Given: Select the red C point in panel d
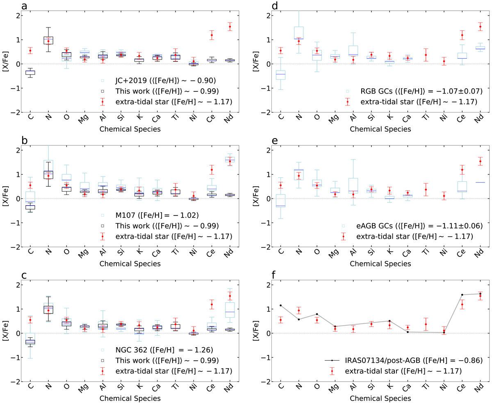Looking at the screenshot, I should (281, 51).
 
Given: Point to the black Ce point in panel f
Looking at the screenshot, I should (462, 295).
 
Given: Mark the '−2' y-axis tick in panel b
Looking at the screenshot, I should (14, 247).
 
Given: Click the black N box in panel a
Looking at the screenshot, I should (48, 40).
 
